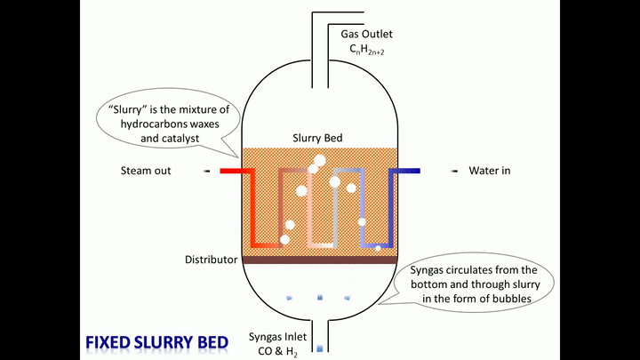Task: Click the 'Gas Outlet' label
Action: tap(365, 35)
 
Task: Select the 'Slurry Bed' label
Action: tap(317, 139)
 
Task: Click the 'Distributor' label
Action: tap(211, 260)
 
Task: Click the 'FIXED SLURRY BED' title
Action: tap(157, 342)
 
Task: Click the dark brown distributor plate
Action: tap(320, 260)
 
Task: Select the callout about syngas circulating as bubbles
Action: tap(478, 284)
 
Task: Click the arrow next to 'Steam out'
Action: tap(206, 171)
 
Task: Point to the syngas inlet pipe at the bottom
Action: tap(320, 338)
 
